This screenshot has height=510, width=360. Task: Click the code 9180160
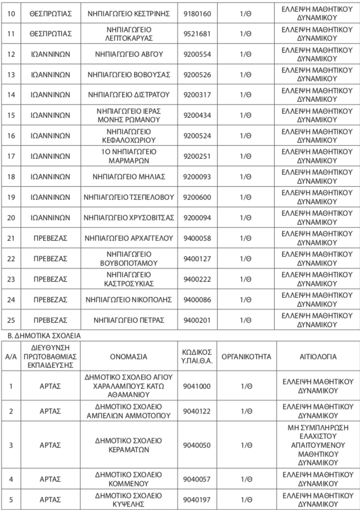(197, 13)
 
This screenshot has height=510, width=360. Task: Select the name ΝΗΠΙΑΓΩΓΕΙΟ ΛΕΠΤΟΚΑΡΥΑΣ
(129, 33)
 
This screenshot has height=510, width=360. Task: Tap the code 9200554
(197, 54)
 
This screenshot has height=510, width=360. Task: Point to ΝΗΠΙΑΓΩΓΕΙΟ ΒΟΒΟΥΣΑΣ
(129, 74)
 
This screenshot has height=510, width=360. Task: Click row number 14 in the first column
(12, 94)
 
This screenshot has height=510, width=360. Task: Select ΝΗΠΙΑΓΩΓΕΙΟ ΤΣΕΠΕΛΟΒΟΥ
(129, 197)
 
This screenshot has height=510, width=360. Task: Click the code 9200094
(197, 217)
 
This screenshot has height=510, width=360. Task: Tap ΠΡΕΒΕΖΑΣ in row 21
(50, 238)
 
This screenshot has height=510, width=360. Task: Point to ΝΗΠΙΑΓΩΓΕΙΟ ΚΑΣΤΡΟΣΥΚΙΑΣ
(129, 279)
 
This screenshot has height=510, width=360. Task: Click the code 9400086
(197, 299)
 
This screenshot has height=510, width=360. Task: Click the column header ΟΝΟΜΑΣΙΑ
(129, 356)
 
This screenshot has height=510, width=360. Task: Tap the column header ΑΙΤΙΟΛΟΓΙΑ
(317, 356)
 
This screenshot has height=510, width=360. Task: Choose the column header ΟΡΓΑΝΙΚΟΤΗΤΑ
(245, 356)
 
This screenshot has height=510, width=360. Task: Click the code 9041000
(197, 386)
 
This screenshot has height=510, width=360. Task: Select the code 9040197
(197, 499)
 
